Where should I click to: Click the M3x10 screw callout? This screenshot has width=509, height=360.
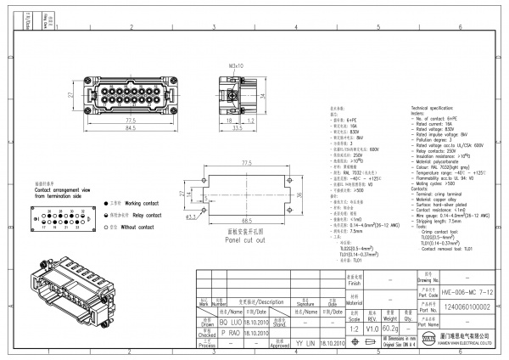236,65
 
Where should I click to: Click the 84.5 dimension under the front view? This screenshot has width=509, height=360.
130,129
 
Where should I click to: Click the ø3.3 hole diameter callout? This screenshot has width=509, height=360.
191,217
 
